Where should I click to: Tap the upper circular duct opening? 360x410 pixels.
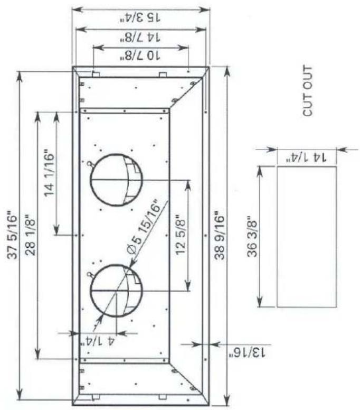click(x=116, y=180)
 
